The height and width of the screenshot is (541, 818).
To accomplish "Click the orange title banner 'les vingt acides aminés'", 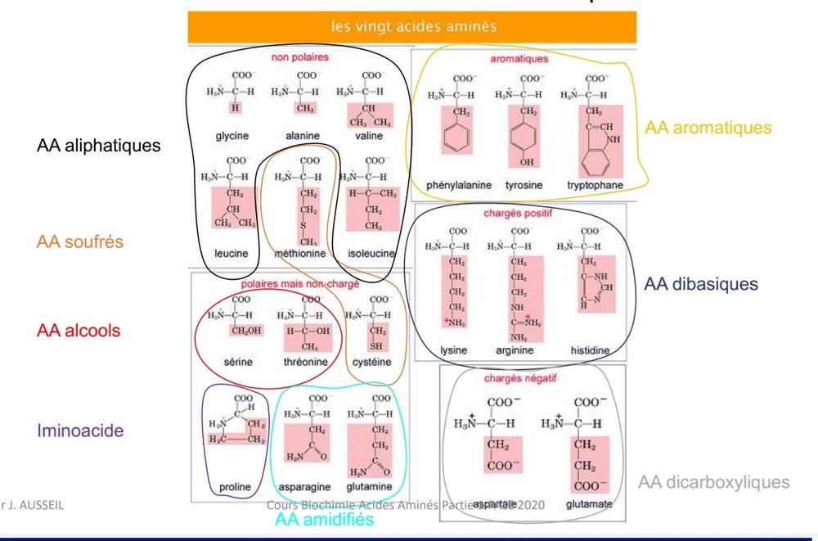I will tap(413, 25).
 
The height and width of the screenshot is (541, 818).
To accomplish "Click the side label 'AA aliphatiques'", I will tap(98, 146).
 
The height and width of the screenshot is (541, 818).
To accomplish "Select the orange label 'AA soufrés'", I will tap(79, 241).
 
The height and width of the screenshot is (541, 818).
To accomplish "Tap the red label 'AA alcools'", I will tap(79, 331).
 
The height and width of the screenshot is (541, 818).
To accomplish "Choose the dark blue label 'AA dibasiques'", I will tap(701, 284).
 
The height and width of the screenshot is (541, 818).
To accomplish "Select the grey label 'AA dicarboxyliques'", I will tap(714, 482).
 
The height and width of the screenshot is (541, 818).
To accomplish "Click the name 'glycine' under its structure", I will tap(232, 136).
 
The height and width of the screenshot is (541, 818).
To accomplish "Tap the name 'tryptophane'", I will tap(595, 185).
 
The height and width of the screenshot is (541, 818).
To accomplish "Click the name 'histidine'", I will tap(590, 350).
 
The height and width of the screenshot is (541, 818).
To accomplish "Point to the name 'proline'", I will tap(235, 488).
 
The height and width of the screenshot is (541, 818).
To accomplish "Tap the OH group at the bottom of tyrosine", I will tap(527, 162).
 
